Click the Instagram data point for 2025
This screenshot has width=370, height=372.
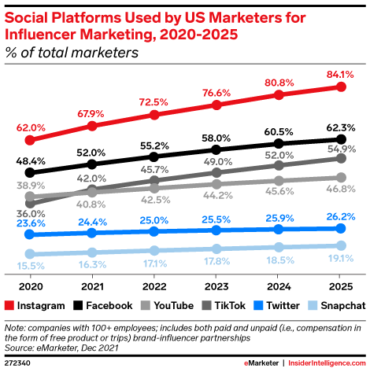(x=340, y=87)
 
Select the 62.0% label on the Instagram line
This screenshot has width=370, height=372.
(x=30, y=126)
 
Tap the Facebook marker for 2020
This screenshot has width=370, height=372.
(x=31, y=172)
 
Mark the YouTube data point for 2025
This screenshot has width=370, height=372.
(x=340, y=178)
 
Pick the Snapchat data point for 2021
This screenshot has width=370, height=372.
(x=92, y=252)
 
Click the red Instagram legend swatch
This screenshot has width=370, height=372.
(x=9, y=304)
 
